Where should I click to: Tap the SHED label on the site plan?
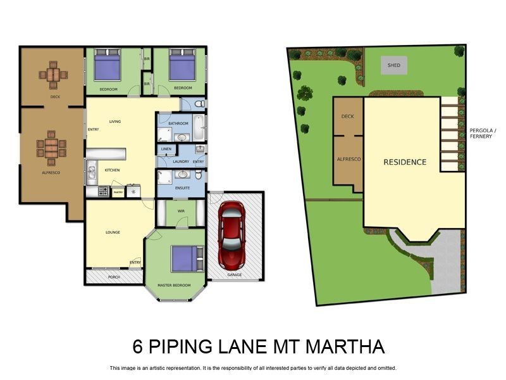(x=393, y=65)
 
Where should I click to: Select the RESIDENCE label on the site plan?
(x=405, y=162)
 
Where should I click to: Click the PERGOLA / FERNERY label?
(x=483, y=134)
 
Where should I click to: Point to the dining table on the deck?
(x=53, y=75)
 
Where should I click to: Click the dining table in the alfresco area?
(x=51, y=148)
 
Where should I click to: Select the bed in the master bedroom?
(x=186, y=258)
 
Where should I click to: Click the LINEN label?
(x=166, y=149)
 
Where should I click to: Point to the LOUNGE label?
(x=113, y=232)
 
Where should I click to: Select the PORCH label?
(x=114, y=277)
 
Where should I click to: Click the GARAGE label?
(x=235, y=275)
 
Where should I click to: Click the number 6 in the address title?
(x=138, y=346)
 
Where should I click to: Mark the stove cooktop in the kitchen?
(x=103, y=190)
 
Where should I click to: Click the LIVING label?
(x=114, y=121)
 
